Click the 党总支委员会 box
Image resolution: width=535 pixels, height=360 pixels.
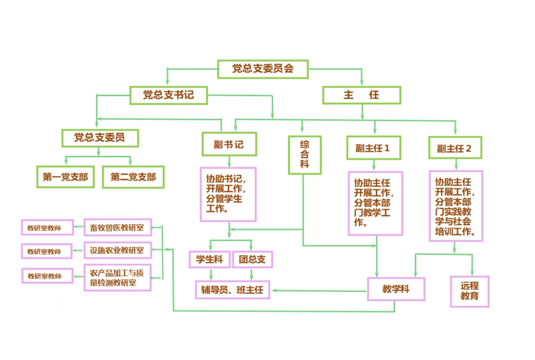point(263,69)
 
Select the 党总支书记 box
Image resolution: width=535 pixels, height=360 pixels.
point(169,95)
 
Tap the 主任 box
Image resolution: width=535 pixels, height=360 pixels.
point(361,95)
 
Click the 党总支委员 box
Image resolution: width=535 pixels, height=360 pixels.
point(100,138)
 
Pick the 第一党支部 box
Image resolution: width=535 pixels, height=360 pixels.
point(65,177)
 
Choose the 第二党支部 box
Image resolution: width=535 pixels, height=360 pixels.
point(133,177)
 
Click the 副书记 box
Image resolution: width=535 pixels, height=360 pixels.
point(229,144)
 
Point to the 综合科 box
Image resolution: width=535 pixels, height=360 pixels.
point(305,155)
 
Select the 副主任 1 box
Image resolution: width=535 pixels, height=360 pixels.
point(373,148)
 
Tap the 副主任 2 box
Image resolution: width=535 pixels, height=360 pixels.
point(454,148)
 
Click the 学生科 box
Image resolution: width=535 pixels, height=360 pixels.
point(210,259)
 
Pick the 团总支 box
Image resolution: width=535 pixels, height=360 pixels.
point(252,259)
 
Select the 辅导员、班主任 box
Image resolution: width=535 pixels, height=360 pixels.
point(232,290)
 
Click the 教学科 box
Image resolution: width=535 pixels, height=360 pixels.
point(396,289)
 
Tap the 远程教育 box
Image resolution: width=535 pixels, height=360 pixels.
point(469,291)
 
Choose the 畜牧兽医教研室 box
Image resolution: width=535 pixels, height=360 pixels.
point(117,228)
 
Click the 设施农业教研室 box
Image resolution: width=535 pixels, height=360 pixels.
point(117,251)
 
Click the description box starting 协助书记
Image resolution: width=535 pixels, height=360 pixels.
point(228,194)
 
